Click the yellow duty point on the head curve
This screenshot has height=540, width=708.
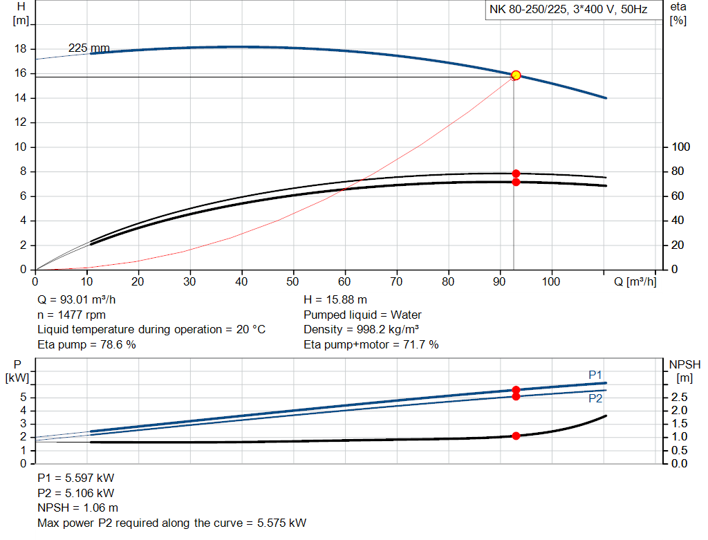pos(516,75)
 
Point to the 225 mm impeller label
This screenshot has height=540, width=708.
pos(88,48)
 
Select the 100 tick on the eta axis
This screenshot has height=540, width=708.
pos(682,147)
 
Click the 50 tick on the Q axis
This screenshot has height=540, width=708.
pos(294,282)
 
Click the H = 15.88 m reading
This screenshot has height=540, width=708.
pos(335,300)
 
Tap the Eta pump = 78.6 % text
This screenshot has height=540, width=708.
pos(86,344)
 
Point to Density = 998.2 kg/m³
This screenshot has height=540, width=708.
pos(362,329)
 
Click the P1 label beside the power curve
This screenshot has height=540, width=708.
pos(595,374)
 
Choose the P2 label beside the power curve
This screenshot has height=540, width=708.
pos(595,399)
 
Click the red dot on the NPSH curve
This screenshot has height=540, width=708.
pos(516,436)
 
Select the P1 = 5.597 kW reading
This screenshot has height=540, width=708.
pos(75,478)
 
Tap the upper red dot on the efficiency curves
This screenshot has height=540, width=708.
pos(516,174)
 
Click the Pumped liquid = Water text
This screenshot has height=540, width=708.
pos(362,315)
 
